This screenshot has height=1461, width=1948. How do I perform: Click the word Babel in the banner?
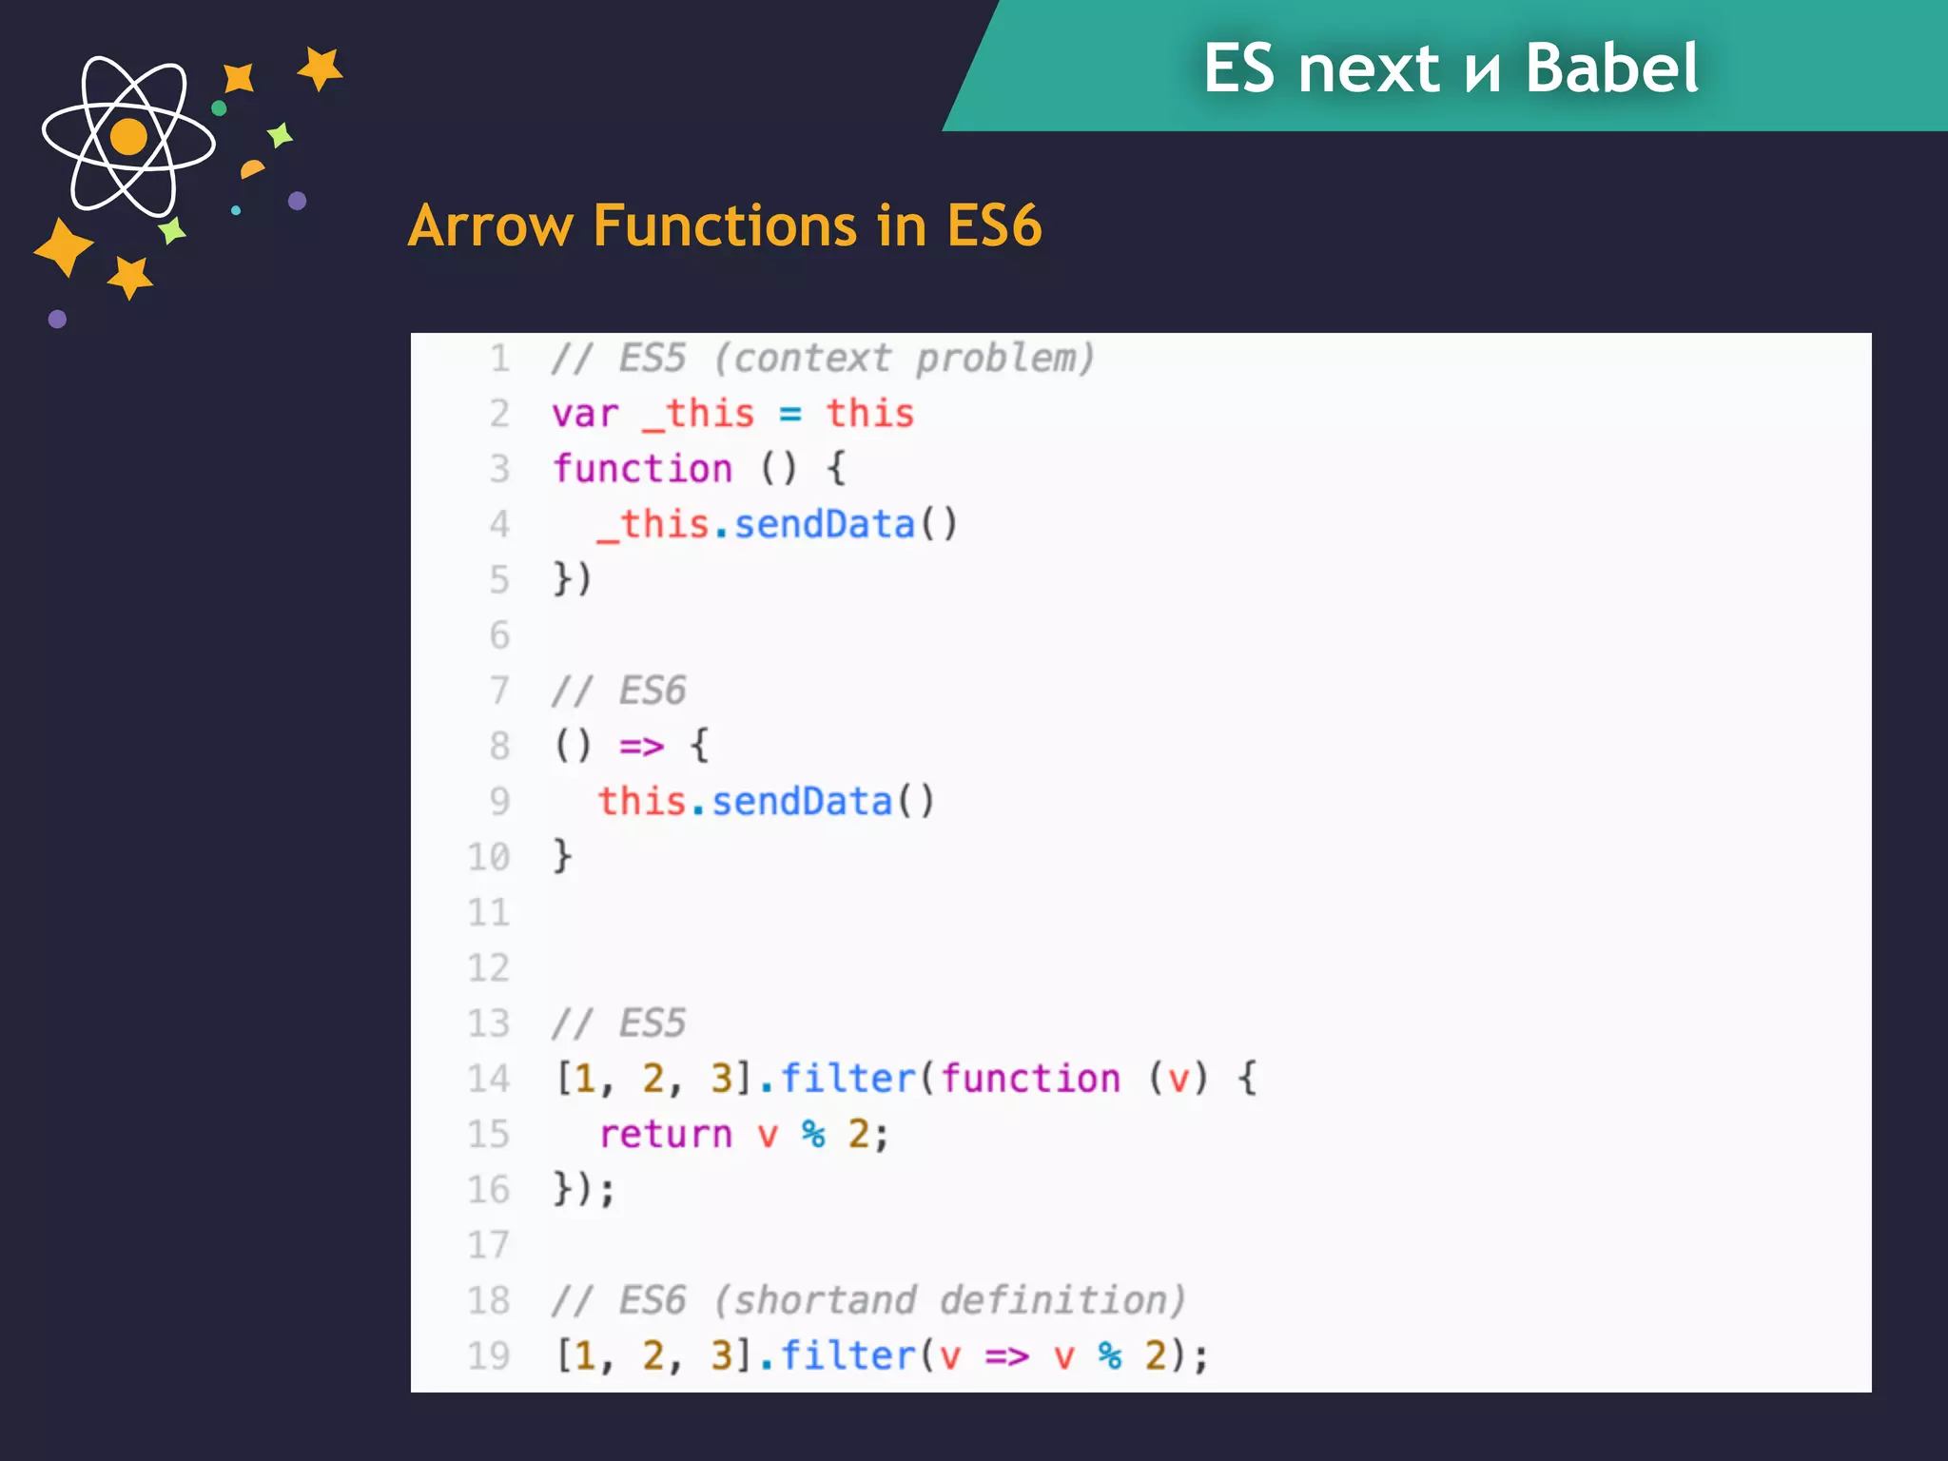pos(1611,68)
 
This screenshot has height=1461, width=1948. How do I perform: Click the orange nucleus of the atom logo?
pos(128,137)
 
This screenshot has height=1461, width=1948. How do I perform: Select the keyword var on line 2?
pos(585,414)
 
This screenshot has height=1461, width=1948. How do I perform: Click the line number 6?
pos(499,635)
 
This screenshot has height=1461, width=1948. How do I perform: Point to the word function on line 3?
pos(643,469)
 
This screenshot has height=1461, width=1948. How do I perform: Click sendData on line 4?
pos(824,524)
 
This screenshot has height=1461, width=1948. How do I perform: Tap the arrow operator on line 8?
pos(642,746)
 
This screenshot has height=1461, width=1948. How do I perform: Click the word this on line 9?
pos(642,801)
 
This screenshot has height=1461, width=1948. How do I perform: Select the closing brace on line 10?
pos(563,856)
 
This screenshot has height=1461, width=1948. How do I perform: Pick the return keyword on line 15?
pos(666,1134)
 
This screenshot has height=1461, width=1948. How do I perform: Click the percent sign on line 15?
pos(813,1134)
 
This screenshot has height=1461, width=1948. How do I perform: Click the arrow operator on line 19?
pos(1007,1355)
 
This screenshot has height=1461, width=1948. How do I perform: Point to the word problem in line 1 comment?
pos(1004,359)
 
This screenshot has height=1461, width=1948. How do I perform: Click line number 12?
pos(489,968)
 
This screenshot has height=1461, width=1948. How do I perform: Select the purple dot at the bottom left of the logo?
pos(57,319)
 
